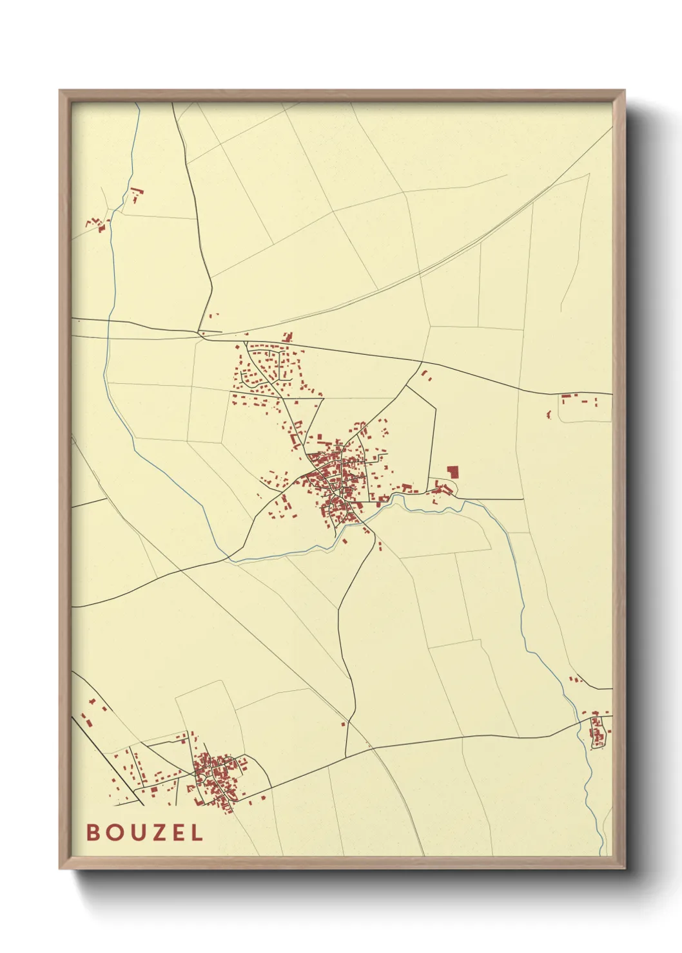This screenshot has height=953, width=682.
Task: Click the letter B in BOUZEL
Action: [93, 833]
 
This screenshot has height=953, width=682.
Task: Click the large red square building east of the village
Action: [453, 472]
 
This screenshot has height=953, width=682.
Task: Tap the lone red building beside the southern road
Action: [344, 724]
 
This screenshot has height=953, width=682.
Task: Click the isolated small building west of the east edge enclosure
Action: [549, 415]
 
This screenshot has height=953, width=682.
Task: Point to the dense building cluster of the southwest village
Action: [216, 779]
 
